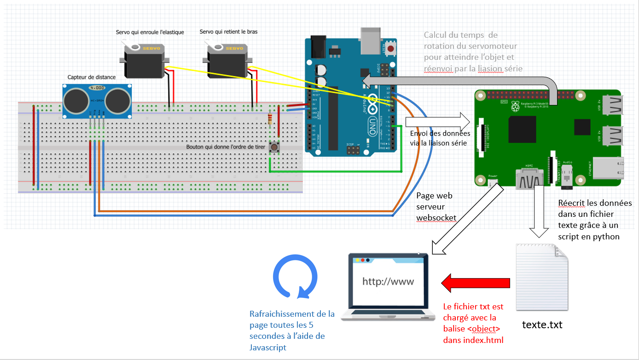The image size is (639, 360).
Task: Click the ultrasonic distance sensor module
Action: click(x=97, y=99)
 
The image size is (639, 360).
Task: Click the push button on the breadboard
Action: click(x=276, y=148)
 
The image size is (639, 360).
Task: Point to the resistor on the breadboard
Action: click(x=270, y=119)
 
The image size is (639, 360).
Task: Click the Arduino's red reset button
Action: click(x=391, y=48)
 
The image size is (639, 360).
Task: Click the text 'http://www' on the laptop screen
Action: click(x=388, y=281)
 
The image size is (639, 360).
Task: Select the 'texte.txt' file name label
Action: click(x=542, y=325)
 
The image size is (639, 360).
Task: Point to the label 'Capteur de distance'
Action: click(x=92, y=77)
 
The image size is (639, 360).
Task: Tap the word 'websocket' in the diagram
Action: click(x=436, y=218)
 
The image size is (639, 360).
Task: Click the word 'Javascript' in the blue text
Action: click(x=268, y=348)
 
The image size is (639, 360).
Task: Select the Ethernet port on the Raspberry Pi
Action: click(x=607, y=168)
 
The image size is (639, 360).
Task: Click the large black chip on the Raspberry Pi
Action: click(x=522, y=129)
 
